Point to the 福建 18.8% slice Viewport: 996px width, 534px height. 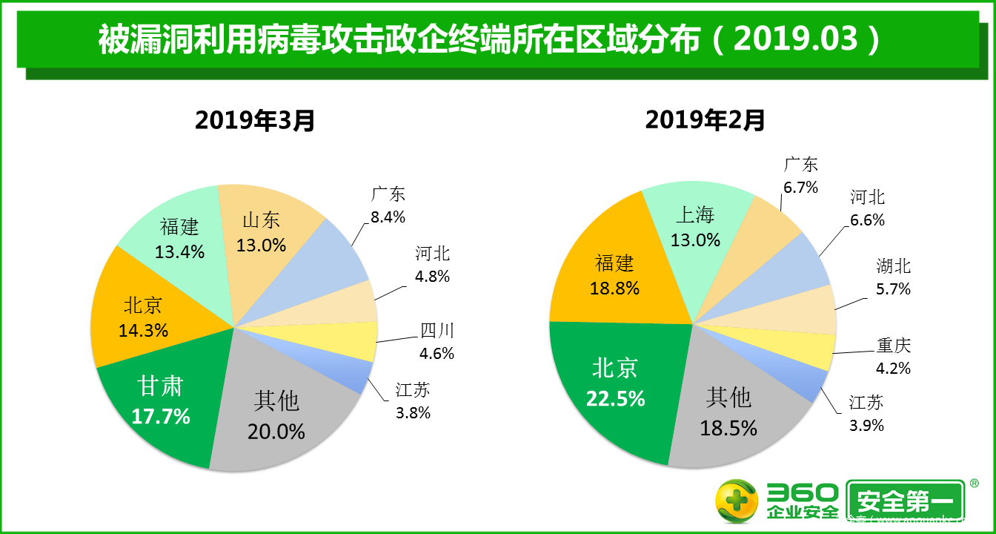pos(614,275)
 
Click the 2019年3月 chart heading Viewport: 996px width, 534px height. pos(255,119)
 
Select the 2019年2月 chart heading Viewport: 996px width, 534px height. pos(705,119)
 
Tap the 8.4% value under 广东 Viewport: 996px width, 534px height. pos(388,217)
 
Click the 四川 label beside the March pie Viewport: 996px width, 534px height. pos(437,331)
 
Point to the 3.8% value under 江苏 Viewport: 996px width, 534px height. pos(413,413)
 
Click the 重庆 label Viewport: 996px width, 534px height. pos(893,346)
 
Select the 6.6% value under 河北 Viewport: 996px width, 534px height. pos(867,220)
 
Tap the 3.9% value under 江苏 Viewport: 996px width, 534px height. pos(866,425)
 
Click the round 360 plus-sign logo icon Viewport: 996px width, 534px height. pos(736,501)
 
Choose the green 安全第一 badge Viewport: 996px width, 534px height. pos(905,503)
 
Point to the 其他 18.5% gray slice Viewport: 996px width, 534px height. pos(728,412)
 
